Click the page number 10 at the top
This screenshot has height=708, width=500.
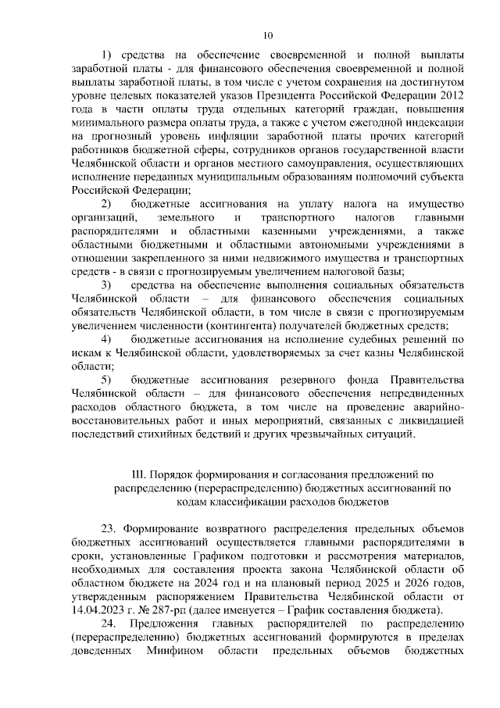(x=268, y=35)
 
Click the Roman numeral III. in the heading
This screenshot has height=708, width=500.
(x=141, y=474)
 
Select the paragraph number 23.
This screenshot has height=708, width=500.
(x=109, y=527)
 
